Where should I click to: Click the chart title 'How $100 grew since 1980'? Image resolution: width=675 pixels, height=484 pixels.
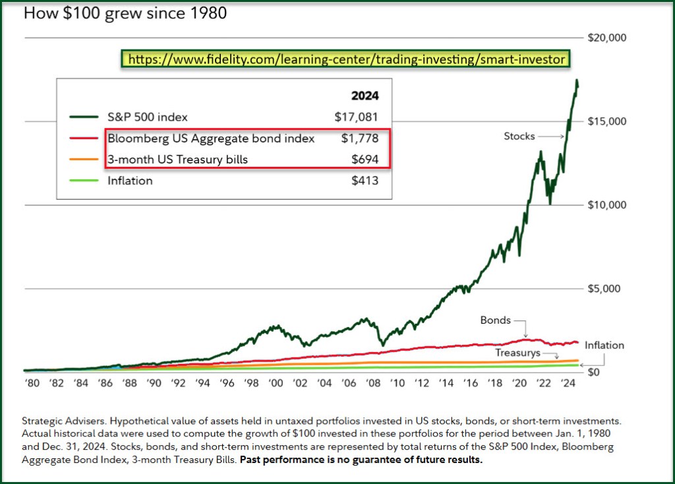pyautogui.click(x=125, y=13)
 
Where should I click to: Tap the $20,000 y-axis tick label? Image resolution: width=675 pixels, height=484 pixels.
pyautogui.click(x=606, y=38)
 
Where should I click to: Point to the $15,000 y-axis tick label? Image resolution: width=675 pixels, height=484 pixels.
pyautogui.click(x=606, y=122)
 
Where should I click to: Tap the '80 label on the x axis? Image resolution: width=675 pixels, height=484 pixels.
pyautogui.click(x=32, y=383)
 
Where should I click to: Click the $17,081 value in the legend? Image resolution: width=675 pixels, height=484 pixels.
pyautogui.click(x=357, y=117)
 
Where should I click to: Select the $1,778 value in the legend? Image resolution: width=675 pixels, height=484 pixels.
pyautogui.click(x=360, y=138)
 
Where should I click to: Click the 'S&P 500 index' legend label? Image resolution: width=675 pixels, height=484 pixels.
pyautogui.click(x=148, y=117)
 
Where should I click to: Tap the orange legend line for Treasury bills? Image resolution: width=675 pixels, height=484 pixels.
pyautogui.click(x=84, y=160)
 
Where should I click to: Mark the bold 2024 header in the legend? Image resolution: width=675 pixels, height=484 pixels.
pyautogui.click(x=365, y=96)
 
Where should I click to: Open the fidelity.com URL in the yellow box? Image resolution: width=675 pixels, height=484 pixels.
pyautogui.click(x=347, y=59)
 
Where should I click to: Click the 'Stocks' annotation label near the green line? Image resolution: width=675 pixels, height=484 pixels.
pyautogui.click(x=519, y=136)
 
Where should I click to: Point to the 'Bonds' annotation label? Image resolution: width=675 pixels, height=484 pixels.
pyautogui.click(x=496, y=320)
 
